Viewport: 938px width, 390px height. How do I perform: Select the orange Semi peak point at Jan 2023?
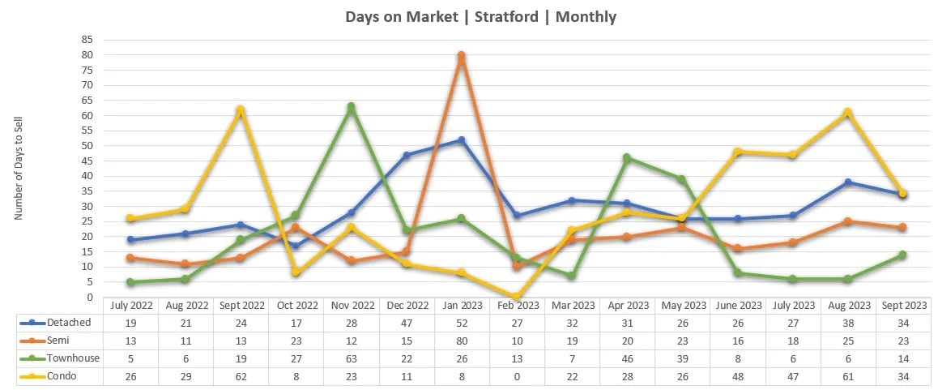coord(461,56)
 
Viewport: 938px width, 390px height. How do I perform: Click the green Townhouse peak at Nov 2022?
coord(351,107)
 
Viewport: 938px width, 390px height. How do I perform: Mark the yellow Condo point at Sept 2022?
coord(241,110)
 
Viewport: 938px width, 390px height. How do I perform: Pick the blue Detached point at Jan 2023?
coord(461,140)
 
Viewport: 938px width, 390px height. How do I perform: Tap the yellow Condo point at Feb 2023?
coord(516,297)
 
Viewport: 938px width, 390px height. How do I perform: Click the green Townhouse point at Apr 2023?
coord(626,158)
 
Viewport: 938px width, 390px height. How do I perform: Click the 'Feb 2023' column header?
coord(516,306)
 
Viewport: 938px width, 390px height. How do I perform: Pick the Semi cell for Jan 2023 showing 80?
coord(461,341)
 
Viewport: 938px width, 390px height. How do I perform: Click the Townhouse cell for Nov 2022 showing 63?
coord(351,358)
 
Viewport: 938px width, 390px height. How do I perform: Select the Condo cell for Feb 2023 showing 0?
coord(516,376)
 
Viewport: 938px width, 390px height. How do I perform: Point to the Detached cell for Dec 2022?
coord(406,323)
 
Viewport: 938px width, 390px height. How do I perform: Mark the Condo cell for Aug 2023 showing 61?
coord(847,376)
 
